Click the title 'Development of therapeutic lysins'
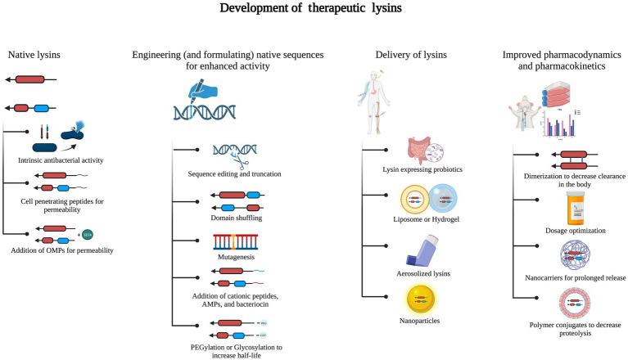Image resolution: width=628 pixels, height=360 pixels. click(314, 11)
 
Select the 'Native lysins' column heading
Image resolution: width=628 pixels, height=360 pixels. click(34, 55)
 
